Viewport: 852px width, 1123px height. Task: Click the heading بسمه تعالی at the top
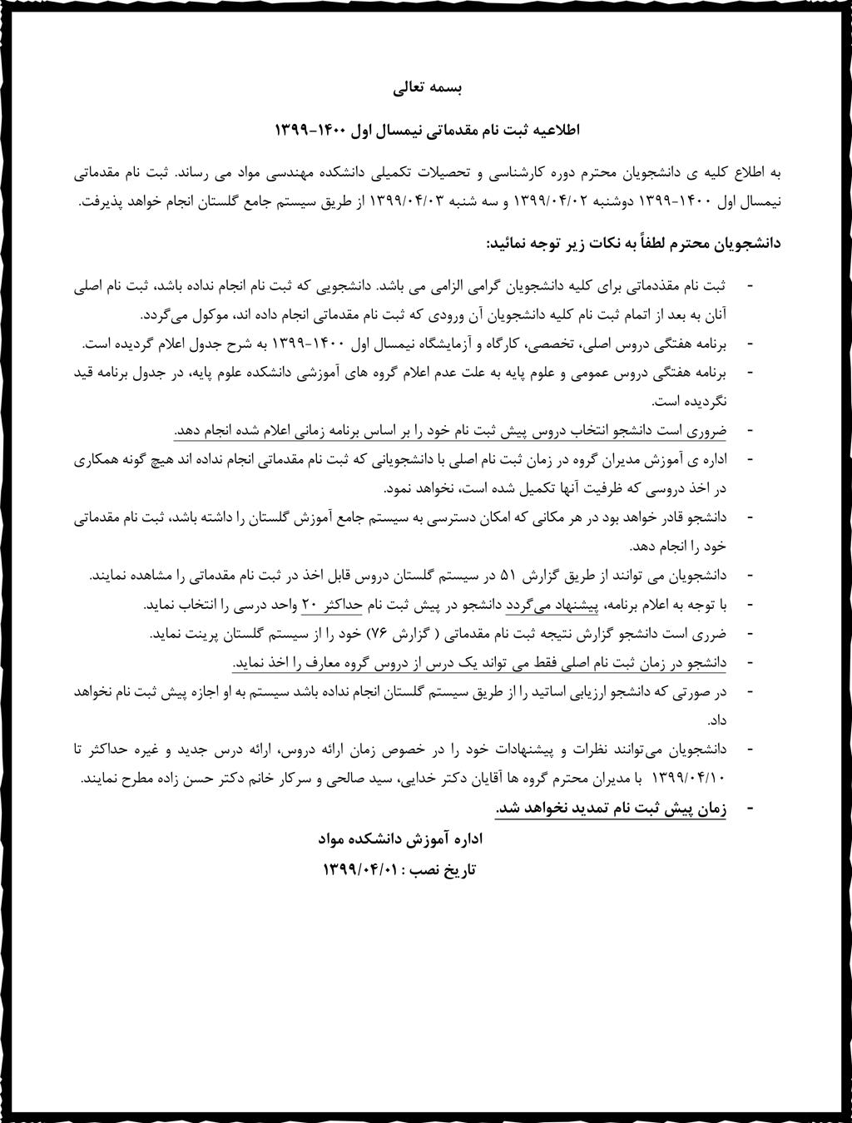[x=426, y=87]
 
